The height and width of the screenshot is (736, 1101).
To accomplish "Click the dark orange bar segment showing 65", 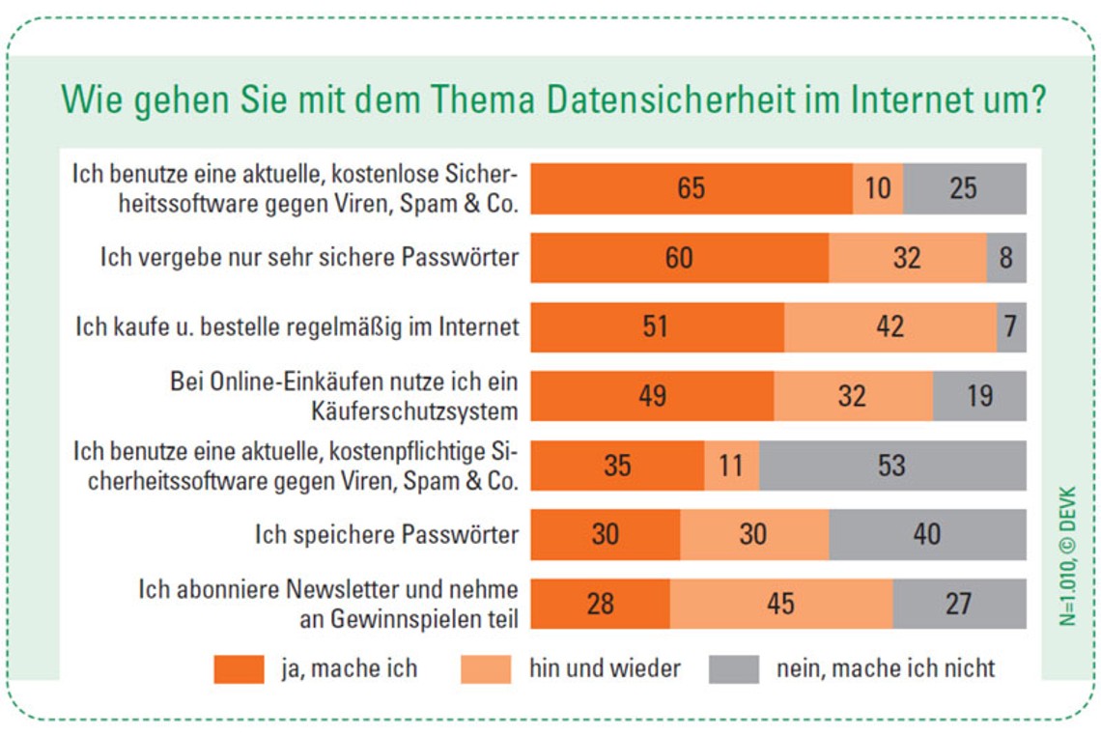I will (x=691, y=188).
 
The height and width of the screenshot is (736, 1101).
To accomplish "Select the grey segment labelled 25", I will (x=964, y=188).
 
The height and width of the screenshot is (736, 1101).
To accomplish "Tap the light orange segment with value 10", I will (x=878, y=188).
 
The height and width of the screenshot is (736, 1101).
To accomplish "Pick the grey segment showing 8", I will (x=1006, y=258).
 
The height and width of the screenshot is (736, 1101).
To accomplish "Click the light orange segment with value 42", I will (x=889, y=326).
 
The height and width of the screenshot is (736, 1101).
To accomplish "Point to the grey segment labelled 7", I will (x=1011, y=326).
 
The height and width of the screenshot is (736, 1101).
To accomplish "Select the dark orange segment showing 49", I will (x=652, y=396).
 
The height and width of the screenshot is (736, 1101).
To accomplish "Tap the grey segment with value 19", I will (x=979, y=396).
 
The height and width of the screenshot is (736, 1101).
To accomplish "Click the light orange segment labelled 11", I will (x=731, y=466).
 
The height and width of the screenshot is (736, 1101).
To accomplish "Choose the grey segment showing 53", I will (x=892, y=466).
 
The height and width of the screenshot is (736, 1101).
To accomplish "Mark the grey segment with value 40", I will (x=927, y=534).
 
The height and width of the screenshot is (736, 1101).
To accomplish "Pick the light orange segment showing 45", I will (x=780, y=604).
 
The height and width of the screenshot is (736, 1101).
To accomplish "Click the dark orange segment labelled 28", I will (x=600, y=604).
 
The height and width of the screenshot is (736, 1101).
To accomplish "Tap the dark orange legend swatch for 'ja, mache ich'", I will (x=238, y=668).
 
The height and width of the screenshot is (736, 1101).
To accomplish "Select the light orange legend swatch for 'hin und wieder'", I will (x=486, y=668).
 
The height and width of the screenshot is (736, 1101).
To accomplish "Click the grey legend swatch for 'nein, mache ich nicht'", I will (x=734, y=668).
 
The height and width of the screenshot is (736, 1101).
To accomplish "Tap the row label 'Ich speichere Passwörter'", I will (x=386, y=534).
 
